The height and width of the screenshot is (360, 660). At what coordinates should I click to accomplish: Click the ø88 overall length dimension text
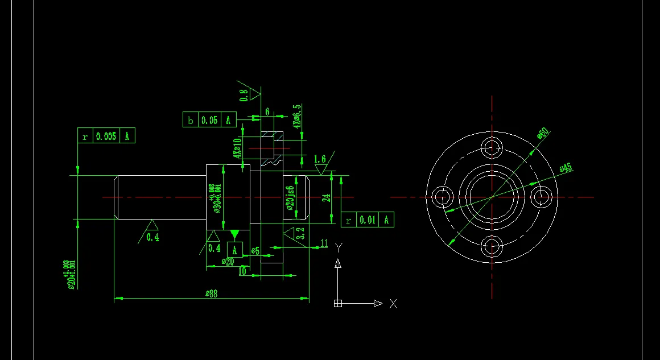click(212, 293)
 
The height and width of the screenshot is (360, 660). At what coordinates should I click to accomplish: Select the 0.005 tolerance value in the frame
click(106, 136)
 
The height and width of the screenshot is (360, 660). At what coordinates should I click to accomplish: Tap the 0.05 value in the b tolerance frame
click(209, 120)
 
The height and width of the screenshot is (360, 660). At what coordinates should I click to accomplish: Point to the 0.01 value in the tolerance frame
click(368, 220)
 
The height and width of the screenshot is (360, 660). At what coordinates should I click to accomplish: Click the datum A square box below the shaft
click(235, 250)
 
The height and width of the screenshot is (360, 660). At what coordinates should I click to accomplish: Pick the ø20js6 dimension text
click(290, 198)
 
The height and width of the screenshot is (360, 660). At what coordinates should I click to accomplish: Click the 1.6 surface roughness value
click(320, 159)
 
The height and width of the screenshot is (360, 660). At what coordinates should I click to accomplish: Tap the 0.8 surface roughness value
click(244, 95)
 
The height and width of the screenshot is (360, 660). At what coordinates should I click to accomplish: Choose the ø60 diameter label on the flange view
click(542, 133)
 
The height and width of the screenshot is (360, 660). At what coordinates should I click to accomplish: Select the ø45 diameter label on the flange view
click(565, 168)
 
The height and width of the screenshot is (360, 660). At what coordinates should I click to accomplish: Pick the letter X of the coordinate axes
click(393, 304)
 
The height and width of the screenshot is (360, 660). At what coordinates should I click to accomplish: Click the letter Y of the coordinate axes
click(339, 247)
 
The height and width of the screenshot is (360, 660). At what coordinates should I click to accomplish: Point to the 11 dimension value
click(324, 243)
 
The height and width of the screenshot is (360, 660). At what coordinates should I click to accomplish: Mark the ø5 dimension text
click(255, 251)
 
